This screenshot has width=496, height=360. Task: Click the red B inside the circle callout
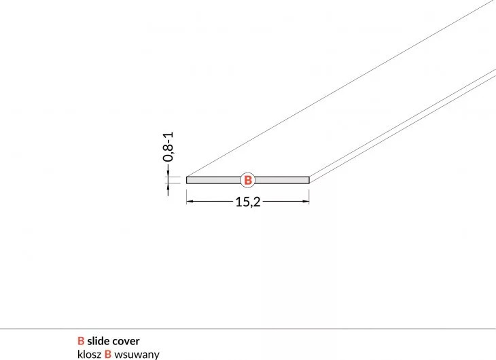point(248,180)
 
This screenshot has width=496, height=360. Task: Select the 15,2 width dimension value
point(248,202)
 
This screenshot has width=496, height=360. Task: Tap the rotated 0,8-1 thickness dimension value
point(168,147)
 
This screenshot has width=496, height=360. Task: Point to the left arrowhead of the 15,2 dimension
point(190,201)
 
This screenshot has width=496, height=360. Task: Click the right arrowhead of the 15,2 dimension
point(306,201)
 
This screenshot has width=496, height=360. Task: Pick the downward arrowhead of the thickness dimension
point(168,174)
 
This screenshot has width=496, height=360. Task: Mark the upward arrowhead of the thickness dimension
point(168,186)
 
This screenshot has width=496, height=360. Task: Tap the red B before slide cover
point(81,341)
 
